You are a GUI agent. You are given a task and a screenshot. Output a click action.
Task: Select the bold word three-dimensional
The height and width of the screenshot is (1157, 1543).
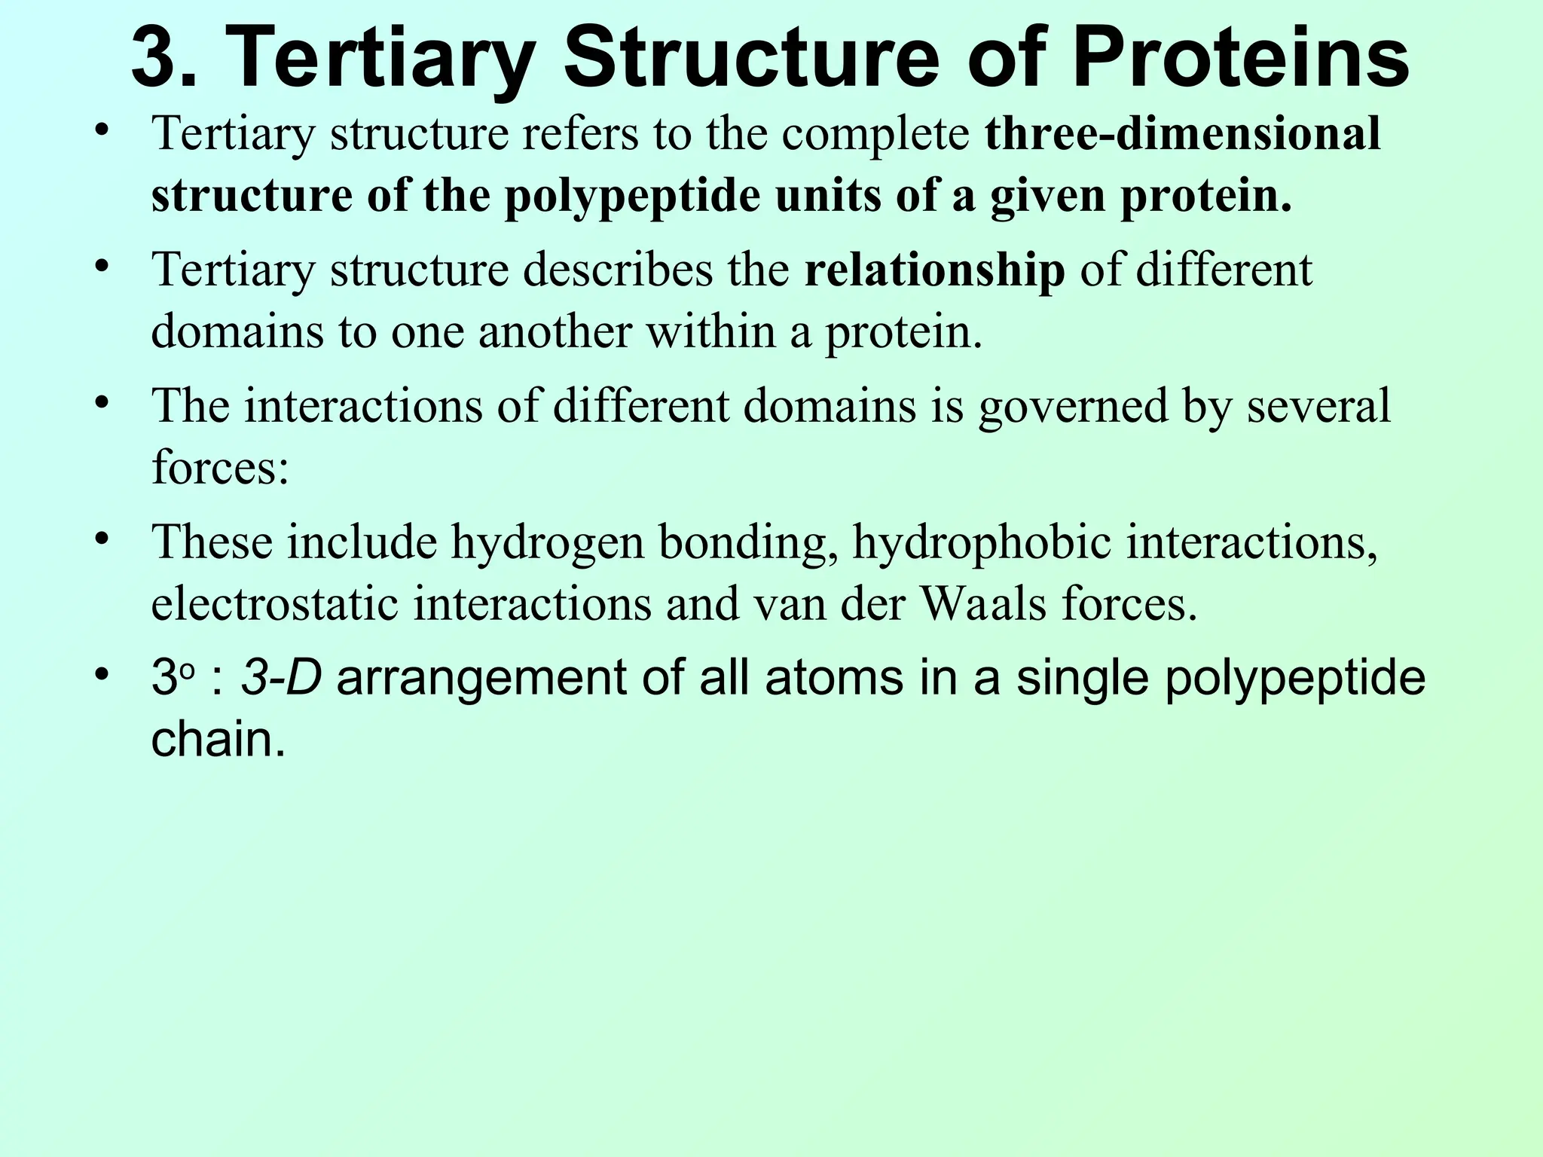1183,134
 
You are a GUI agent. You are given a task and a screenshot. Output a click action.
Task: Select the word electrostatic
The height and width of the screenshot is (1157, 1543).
274,604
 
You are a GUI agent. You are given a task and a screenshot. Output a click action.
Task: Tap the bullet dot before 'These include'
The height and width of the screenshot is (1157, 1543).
103,539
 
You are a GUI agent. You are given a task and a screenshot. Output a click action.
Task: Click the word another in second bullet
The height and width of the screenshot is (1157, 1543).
554,332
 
